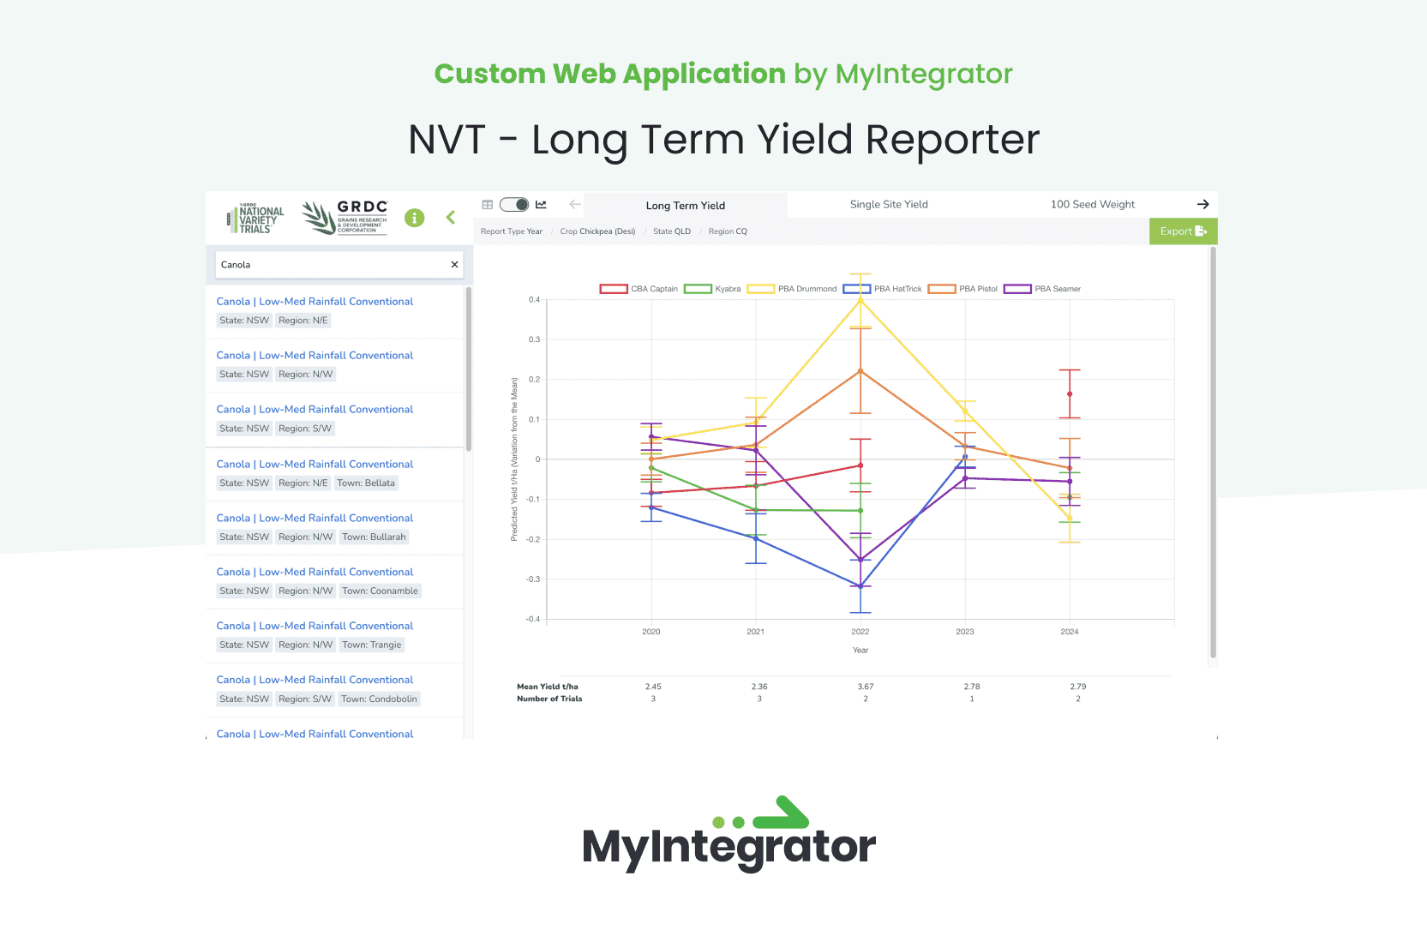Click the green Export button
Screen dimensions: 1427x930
coord(1183,231)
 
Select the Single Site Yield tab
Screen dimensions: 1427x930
coord(889,205)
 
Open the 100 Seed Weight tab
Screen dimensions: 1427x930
coord(1093,205)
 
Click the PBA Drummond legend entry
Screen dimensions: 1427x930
coord(792,289)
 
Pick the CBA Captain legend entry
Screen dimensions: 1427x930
coord(639,289)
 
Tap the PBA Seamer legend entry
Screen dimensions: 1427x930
coord(1042,289)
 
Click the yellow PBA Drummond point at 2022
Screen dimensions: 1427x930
coord(860,300)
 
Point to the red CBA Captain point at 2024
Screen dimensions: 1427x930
coord(1070,394)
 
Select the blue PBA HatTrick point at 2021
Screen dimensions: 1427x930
coord(756,538)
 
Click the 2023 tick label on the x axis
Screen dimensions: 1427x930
coord(964,632)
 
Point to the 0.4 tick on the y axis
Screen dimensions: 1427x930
coord(534,299)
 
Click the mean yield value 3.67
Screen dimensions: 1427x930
coord(865,687)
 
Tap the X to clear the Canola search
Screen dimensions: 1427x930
coord(454,264)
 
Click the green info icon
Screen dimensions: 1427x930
coord(414,218)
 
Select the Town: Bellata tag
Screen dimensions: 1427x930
coord(366,483)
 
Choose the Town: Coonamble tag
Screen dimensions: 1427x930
coord(380,591)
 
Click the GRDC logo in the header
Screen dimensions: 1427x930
coord(345,218)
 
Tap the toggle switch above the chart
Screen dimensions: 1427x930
coord(514,205)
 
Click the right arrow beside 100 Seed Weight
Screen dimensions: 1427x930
coord(1202,205)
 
